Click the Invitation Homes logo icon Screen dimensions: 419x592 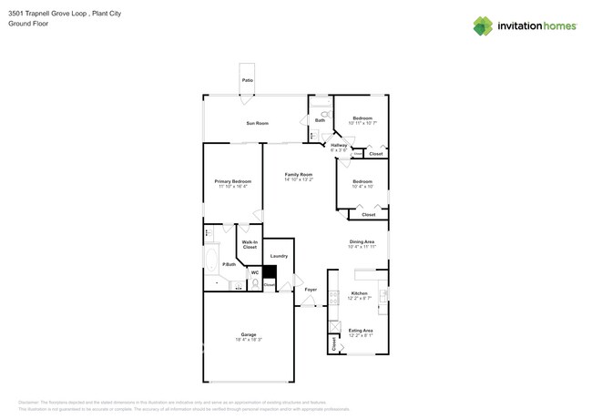click(483, 26)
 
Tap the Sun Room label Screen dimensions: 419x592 click(257, 123)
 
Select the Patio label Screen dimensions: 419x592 click(248, 81)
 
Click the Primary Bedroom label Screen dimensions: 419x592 click(232, 181)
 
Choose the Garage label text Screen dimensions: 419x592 click(248, 334)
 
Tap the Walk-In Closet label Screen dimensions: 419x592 click(249, 244)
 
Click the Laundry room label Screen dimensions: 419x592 click(279, 256)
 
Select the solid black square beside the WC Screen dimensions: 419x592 click(257, 271)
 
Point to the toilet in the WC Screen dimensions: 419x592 click(255, 284)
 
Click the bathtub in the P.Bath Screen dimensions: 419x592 click(212, 264)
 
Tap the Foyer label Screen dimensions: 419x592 click(311, 290)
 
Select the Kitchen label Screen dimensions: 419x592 click(359, 293)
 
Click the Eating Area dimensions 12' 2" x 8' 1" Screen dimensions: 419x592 click(361, 335)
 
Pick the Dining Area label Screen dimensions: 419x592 click(362, 241)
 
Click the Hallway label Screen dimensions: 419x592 click(339, 145)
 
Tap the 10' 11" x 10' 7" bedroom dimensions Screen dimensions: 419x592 click(362, 123)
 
